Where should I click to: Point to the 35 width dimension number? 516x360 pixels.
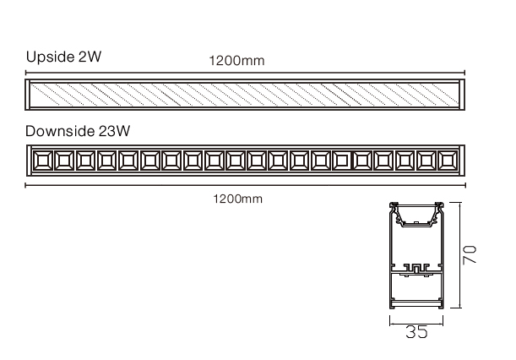click(x=416, y=332)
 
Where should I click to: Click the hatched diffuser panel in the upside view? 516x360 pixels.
click(x=245, y=94)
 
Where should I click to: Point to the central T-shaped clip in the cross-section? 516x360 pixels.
click(x=415, y=270)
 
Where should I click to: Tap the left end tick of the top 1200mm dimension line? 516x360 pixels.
click(x=24, y=73)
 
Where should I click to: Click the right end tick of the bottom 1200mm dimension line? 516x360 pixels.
click(x=465, y=184)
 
